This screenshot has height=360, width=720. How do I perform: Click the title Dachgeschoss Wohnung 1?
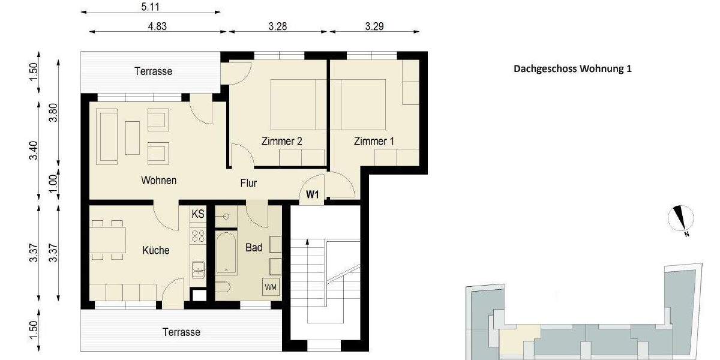[572, 68]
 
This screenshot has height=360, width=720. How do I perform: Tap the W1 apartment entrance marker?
[312, 194]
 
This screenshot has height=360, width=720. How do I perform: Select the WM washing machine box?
[271, 287]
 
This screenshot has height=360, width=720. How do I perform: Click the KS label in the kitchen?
[197, 214]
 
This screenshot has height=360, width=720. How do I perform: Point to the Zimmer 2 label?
[281, 142]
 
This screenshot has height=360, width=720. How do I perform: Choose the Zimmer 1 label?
[374, 142]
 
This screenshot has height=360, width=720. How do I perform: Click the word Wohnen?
[158, 180]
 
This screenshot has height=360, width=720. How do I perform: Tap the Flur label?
[248, 183]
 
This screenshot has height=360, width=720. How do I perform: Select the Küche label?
[156, 250]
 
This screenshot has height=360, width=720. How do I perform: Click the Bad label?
[254, 247]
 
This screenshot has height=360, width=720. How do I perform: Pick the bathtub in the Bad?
[227, 253]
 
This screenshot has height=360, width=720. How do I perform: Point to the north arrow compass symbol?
[681, 219]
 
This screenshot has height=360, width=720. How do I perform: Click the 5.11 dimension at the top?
[151, 8]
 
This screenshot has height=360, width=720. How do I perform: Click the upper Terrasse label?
[153, 71]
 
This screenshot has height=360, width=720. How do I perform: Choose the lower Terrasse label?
[181, 332]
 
